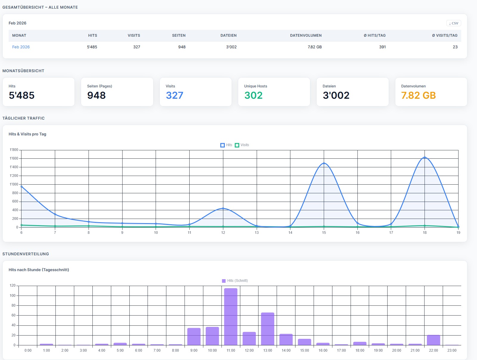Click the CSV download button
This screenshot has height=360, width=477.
453,23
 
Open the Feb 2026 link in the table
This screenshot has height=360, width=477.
21,47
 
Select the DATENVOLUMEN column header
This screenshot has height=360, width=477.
306,35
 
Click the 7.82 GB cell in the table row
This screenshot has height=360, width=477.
315,47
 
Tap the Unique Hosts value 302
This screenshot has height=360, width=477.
253,95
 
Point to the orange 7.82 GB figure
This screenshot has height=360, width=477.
418,95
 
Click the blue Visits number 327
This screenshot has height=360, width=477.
174,95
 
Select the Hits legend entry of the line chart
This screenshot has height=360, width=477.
226,145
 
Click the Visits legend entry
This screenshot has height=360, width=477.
242,145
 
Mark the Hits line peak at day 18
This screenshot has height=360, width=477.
425,157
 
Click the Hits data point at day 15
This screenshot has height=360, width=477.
324,163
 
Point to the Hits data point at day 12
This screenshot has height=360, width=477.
223,208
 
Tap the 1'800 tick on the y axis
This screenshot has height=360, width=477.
14,150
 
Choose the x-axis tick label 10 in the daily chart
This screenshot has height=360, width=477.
156,233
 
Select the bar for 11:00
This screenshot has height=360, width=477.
231,316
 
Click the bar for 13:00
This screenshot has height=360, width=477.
268,329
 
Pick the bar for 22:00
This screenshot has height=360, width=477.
433,340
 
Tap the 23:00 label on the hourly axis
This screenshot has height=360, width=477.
452,350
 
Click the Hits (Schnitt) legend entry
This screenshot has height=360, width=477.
235,281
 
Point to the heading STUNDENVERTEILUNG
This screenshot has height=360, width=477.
26,254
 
